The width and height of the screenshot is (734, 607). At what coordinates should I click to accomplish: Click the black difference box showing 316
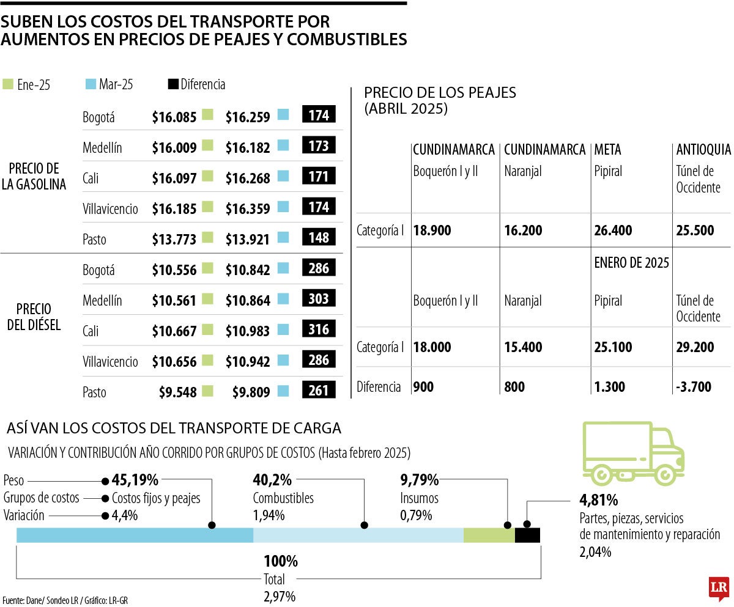(x=319, y=329)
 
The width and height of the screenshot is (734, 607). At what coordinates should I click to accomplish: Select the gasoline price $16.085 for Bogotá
(x=174, y=116)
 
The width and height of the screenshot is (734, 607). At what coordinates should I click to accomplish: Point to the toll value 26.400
(x=613, y=230)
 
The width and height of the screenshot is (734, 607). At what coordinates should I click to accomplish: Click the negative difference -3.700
(x=694, y=387)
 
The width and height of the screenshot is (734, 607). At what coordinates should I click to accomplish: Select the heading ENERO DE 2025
(x=631, y=263)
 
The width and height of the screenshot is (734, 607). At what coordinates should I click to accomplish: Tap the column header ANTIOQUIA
(x=703, y=150)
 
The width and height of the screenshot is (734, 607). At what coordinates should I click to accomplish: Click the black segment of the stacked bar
(x=527, y=535)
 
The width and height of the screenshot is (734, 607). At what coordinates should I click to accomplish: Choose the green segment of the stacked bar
(x=489, y=535)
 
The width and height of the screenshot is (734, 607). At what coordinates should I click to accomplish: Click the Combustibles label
(x=283, y=498)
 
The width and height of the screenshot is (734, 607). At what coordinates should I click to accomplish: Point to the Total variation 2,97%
(x=280, y=595)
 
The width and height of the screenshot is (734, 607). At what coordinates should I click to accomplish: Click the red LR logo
(x=718, y=587)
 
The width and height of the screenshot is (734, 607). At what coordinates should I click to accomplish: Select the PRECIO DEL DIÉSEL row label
(x=34, y=316)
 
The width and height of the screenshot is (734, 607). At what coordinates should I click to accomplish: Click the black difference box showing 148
(x=319, y=237)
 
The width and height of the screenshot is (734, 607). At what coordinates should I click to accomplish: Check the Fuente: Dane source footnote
(x=64, y=600)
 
